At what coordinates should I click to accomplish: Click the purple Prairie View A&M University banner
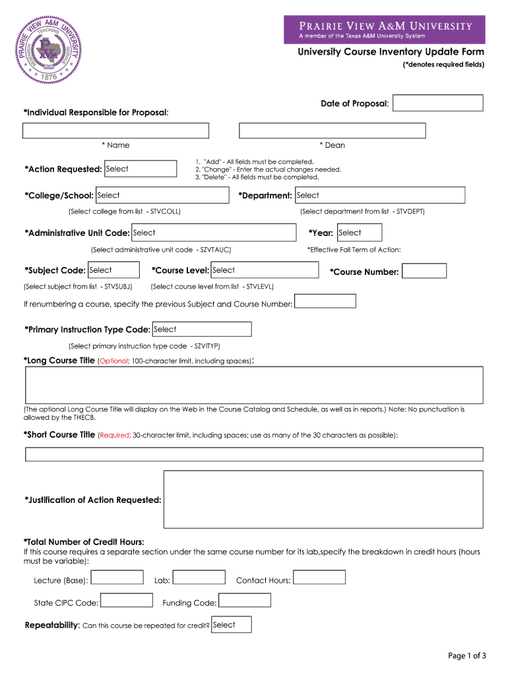pyautogui.click(x=384, y=30)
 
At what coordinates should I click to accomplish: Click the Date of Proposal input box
pyautogui.click(x=438, y=103)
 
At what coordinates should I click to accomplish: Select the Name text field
pyautogui.click(x=115, y=131)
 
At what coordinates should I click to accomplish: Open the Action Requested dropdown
pyautogui.click(x=140, y=169)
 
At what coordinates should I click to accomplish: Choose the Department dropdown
pyautogui.click(x=379, y=196)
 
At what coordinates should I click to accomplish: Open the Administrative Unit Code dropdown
pyautogui.click(x=213, y=233)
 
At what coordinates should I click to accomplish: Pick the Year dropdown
pyautogui.click(x=359, y=233)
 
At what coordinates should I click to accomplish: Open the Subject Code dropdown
pyautogui.click(x=113, y=270)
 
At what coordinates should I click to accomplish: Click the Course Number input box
pyautogui.click(x=424, y=271)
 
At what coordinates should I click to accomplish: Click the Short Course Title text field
pyautogui.click(x=254, y=454)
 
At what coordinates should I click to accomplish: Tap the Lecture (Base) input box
pyautogui.click(x=117, y=577)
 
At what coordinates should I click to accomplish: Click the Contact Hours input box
pyautogui.click(x=319, y=577)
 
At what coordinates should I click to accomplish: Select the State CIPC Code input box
pyautogui.click(x=126, y=601)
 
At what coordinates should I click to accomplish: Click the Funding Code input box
pyautogui.click(x=244, y=601)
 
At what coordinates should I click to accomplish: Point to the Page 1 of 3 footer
pyautogui.click(x=466, y=655)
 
